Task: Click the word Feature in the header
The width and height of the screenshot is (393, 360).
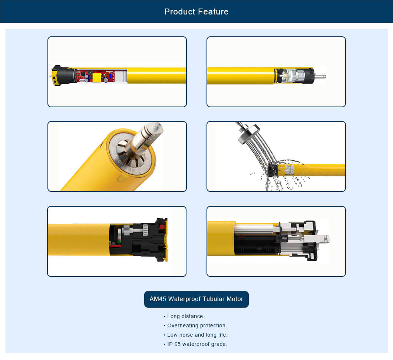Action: (213, 12)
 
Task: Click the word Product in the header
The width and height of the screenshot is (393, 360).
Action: (180, 12)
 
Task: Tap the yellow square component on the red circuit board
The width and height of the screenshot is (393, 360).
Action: (97, 78)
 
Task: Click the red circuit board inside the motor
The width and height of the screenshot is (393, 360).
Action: (95, 76)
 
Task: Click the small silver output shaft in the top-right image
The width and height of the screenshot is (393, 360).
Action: (320, 75)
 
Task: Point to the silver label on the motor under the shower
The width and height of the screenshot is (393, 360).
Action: (289, 170)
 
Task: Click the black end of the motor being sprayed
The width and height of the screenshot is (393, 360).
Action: (273, 170)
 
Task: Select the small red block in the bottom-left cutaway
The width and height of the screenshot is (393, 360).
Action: (162, 227)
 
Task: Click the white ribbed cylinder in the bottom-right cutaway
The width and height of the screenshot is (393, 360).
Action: (254, 229)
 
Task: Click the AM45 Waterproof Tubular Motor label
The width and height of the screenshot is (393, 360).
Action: (196, 299)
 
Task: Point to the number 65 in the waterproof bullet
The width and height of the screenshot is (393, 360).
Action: (178, 344)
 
